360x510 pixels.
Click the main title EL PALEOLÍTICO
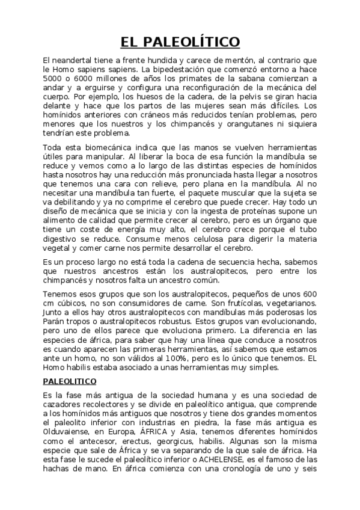(x=180, y=41)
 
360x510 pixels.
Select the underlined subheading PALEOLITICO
(x=74, y=381)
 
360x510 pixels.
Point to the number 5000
(x=54, y=78)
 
